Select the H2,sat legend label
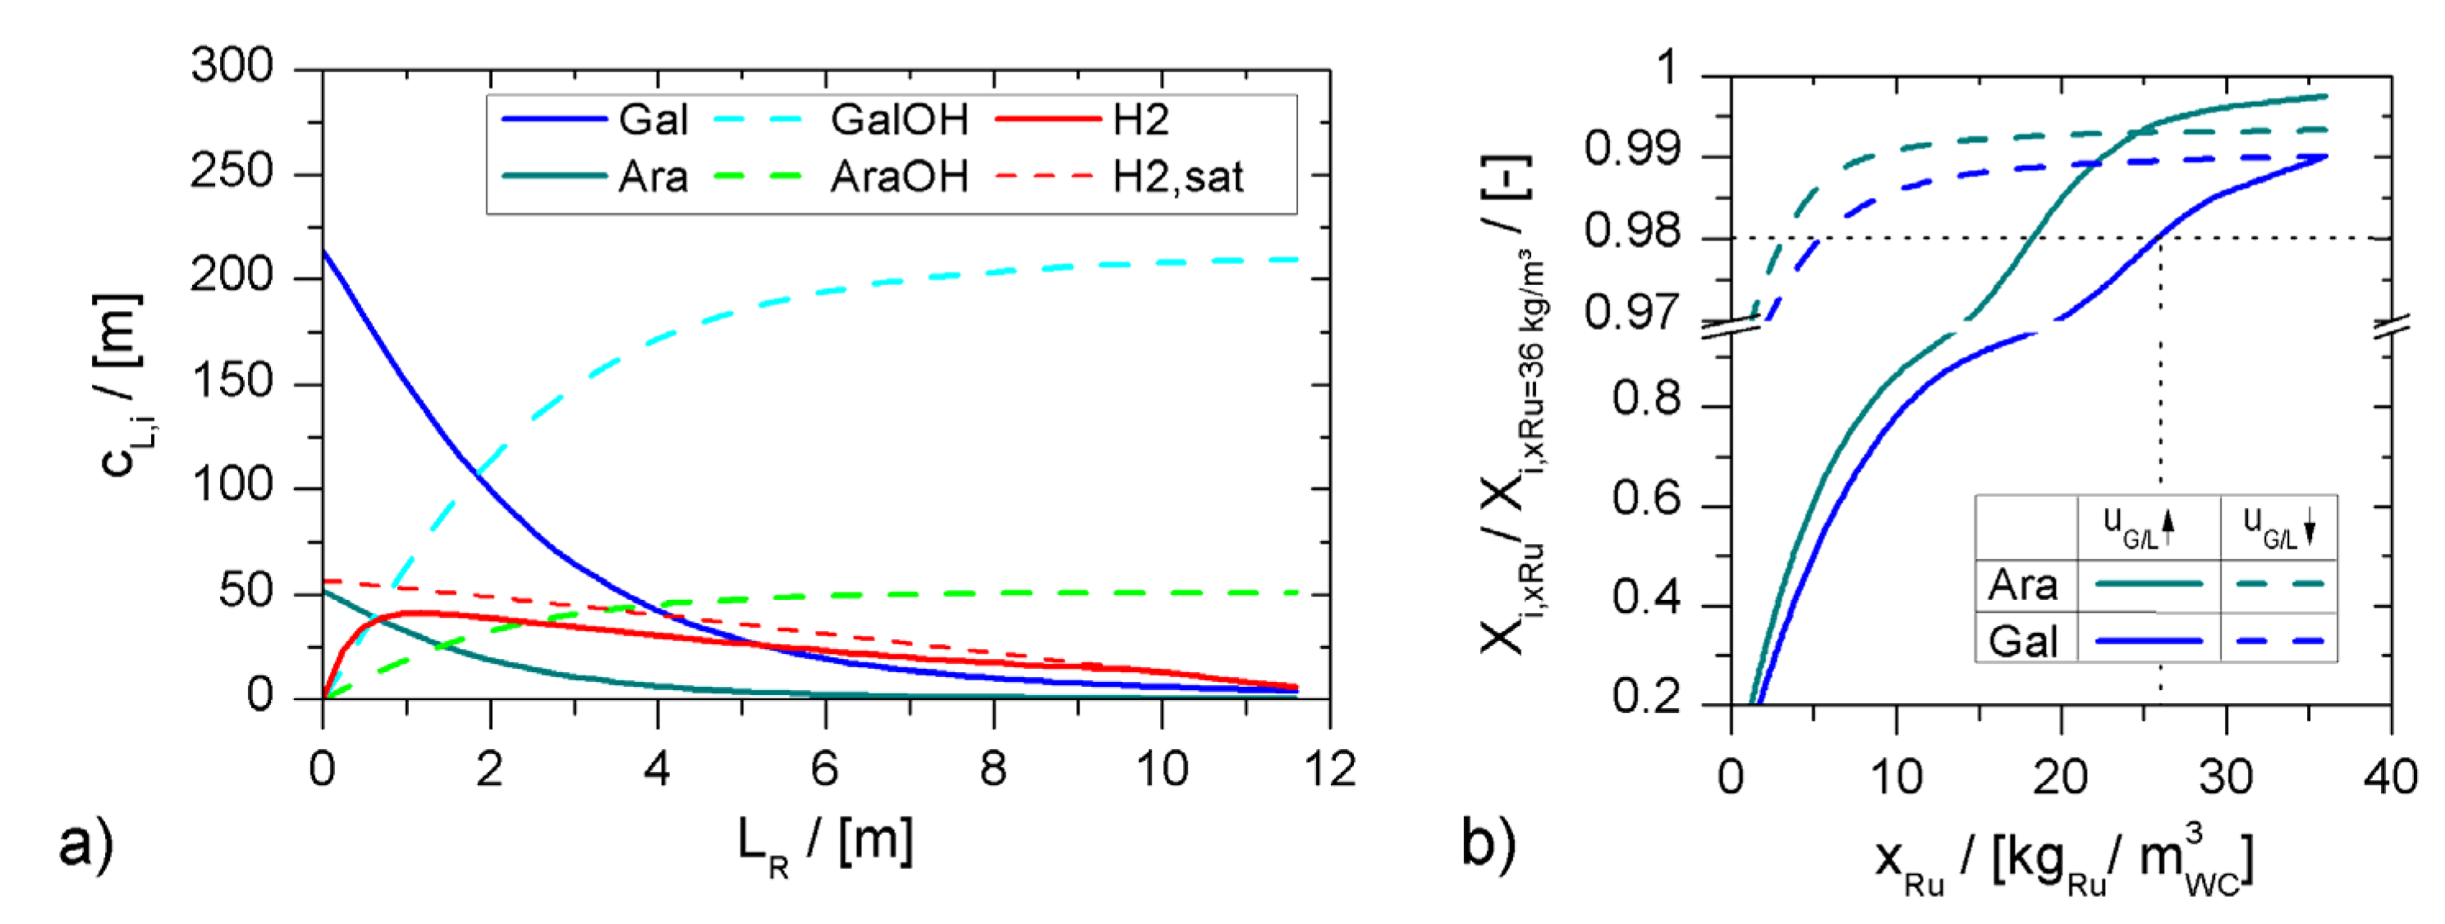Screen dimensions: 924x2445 click(x=1177, y=177)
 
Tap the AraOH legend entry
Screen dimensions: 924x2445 click(x=898, y=177)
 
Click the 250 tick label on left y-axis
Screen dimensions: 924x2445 click(x=232, y=172)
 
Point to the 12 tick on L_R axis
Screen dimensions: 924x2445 click(x=1328, y=768)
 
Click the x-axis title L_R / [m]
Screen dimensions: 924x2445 click(x=826, y=843)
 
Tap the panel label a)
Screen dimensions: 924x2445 click(x=85, y=843)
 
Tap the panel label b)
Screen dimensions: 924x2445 click(x=1489, y=843)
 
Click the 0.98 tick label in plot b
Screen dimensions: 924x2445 click(x=1631, y=232)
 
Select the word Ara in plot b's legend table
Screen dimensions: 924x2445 click(x=2023, y=585)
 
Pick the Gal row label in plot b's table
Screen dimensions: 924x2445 click(x=2023, y=641)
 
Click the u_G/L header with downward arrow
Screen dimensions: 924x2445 click(x=2278, y=527)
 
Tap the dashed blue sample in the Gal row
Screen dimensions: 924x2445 click(x=2279, y=641)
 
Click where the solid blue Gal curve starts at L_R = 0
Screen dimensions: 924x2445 click(x=323, y=250)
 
